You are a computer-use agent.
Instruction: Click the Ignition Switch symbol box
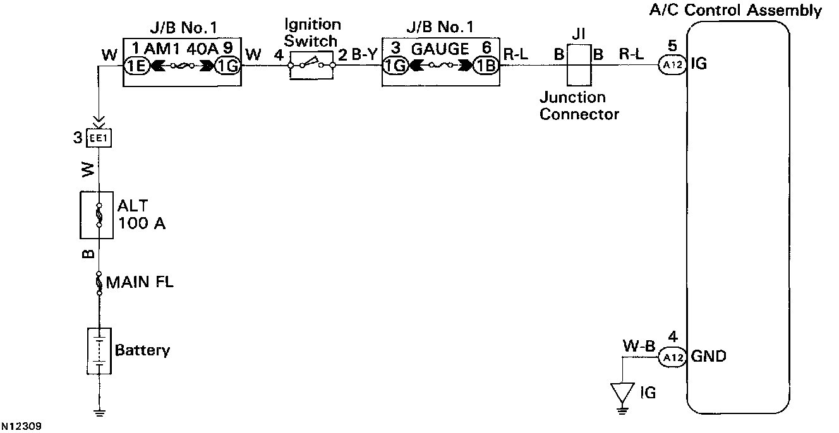pos(311,64)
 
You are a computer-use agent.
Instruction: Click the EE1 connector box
pos(99,137)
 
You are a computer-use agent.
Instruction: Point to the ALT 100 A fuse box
pos(97,216)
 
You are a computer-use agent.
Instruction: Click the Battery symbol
pos(99,350)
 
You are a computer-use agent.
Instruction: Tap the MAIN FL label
pos(140,282)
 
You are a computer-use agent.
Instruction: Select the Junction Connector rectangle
pos(577,65)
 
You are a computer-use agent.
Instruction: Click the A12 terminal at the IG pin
pos(672,64)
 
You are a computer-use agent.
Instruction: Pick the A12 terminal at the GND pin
pos(672,357)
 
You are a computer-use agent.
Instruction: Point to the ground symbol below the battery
pos(99,414)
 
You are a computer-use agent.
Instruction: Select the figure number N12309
pos(21,427)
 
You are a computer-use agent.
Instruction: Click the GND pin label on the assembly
pos(708,357)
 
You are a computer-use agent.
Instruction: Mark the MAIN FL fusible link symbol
pos(99,282)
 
